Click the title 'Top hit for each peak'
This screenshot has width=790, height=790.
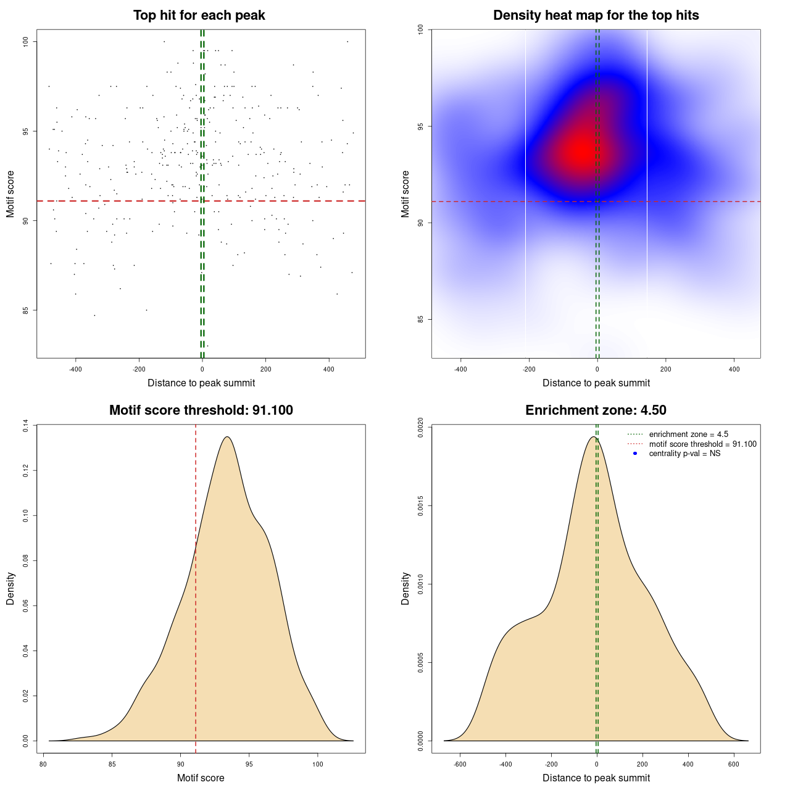point(199,15)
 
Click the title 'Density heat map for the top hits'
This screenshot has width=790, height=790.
point(596,15)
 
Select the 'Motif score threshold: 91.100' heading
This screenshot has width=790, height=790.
point(201,410)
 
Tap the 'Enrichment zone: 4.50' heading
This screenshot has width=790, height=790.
point(596,410)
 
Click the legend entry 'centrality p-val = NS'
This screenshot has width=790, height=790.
point(684,454)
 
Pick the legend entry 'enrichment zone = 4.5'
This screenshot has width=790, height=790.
point(688,434)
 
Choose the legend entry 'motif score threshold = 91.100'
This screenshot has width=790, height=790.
point(702,444)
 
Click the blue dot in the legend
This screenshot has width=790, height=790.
point(635,454)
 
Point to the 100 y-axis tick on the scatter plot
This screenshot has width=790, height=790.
point(27,41)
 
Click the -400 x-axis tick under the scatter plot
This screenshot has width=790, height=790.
point(75,369)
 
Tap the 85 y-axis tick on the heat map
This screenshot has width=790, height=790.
point(421,319)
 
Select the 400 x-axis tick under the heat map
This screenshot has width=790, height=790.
point(734,369)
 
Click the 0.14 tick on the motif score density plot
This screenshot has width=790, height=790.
point(26,426)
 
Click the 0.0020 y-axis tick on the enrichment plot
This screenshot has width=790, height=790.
point(421,427)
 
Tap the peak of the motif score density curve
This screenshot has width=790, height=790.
point(228,437)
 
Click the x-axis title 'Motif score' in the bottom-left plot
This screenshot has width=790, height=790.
point(201,778)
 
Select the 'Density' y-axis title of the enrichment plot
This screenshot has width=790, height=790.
point(405,588)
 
